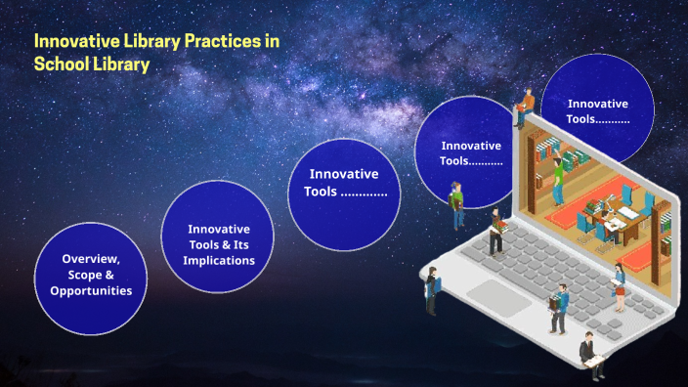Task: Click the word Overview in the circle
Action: (x=90, y=259)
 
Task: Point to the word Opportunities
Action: (x=91, y=291)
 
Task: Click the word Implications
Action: (x=219, y=261)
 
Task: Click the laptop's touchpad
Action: (x=497, y=292)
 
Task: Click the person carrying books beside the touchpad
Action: (x=560, y=307)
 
